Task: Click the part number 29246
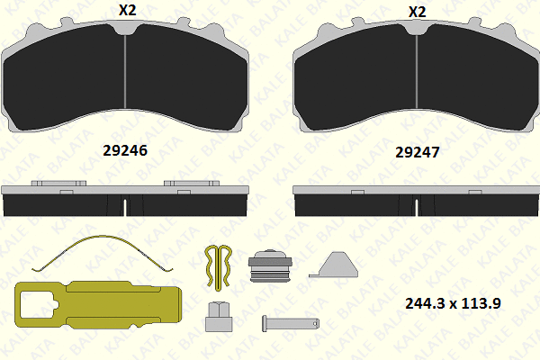(x=125, y=152)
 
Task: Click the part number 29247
(x=417, y=153)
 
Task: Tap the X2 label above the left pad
(x=126, y=12)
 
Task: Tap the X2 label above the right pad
(x=417, y=12)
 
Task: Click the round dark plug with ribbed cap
(x=267, y=265)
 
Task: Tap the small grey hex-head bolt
(x=218, y=316)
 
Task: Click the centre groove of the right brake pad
(x=416, y=76)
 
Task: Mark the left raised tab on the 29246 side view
(x=58, y=184)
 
